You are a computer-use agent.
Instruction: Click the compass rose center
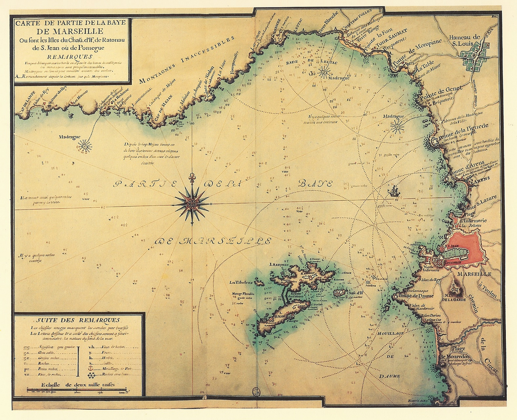tap(191, 203)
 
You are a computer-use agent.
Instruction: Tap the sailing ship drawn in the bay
tap(394, 192)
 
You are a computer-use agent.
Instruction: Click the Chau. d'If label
tap(355, 293)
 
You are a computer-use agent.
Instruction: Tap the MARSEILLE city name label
tap(474, 274)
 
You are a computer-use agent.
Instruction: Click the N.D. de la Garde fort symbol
tap(456, 289)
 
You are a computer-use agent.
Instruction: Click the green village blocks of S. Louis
tap(475, 55)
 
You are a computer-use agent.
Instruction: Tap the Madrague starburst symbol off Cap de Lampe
tap(84, 146)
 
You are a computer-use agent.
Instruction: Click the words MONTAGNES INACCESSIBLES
tap(187, 60)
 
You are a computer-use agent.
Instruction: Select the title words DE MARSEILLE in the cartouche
tap(70, 31)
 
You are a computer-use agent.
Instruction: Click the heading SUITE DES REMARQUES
tap(78, 320)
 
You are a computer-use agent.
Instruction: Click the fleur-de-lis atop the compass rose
tap(191, 178)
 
